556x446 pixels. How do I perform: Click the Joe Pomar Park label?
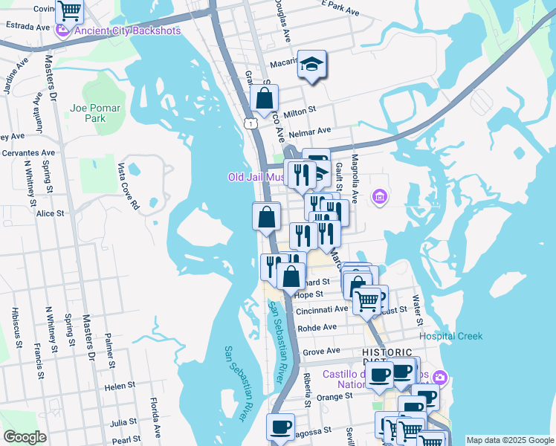pyautogui.click(x=94, y=113)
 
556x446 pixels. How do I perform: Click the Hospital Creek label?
pyautogui.click(x=450, y=336)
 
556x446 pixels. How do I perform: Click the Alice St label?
pyautogui.click(x=51, y=213)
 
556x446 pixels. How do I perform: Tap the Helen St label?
pyautogui.click(x=120, y=387)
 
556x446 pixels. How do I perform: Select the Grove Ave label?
pyautogui.click(x=321, y=351)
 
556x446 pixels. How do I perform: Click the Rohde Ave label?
pyautogui.click(x=317, y=327)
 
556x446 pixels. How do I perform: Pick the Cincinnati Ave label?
pyautogui.click(x=321, y=308)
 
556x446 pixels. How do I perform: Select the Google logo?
pyautogui.click(x=25, y=437)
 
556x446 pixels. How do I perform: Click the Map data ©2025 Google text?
pyautogui.click(x=509, y=440)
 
